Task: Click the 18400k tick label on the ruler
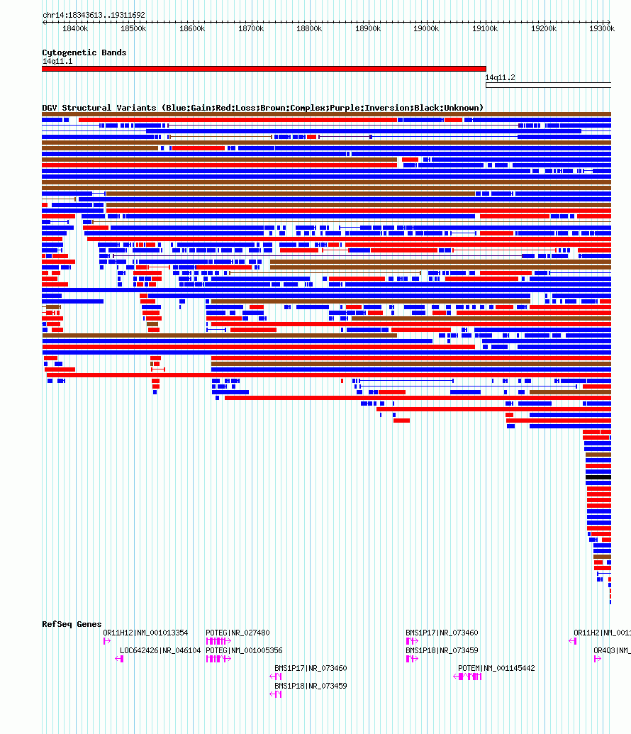pyautogui.click(x=75, y=28)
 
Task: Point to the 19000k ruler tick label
pyautogui.click(x=426, y=28)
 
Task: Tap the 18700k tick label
pyautogui.click(x=250, y=28)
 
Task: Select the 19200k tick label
pyautogui.click(x=543, y=28)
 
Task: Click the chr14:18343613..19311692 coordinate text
pyautogui.click(x=94, y=15)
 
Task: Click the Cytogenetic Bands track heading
pyautogui.click(x=84, y=52)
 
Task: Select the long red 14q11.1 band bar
pyautogui.click(x=264, y=69)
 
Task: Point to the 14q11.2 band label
pyautogui.click(x=500, y=77)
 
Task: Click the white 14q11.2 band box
pyautogui.click(x=548, y=85)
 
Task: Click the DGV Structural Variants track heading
pyautogui.click(x=262, y=108)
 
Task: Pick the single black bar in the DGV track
pyautogui.click(x=598, y=477)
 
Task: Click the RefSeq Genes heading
pyautogui.click(x=72, y=624)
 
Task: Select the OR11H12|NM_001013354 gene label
pyautogui.click(x=146, y=633)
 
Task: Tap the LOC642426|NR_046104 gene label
pyautogui.click(x=160, y=650)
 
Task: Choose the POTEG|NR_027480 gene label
pyautogui.click(x=238, y=633)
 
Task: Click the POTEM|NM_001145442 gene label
pyautogui.click(x=496, y=668)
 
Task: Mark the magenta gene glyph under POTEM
pyautogui.click(x=468, y=677)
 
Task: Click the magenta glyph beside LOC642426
pyautogui.click(x=119, y=659)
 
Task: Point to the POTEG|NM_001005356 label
pyautogui.click(x=244, y=650)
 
